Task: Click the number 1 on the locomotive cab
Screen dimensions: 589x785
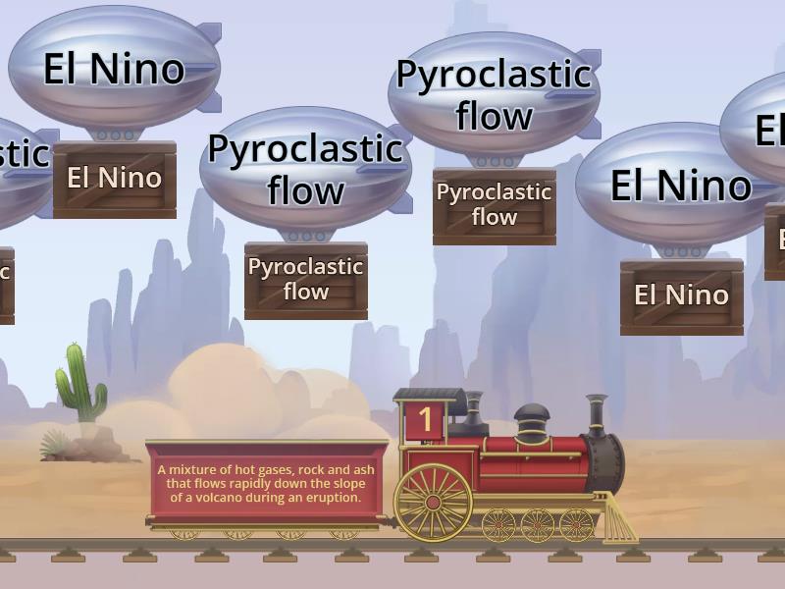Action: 425,420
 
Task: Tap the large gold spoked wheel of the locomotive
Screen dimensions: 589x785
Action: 433,502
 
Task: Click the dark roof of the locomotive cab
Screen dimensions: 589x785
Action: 429,395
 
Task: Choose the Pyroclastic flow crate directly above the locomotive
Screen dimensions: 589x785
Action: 494,205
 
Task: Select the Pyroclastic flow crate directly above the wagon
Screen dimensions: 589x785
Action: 305,280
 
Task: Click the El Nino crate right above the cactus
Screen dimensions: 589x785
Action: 114,179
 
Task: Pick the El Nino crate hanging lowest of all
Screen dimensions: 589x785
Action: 681,295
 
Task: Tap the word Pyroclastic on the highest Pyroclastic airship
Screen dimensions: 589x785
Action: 493,75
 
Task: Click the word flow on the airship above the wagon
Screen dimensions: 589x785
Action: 305,189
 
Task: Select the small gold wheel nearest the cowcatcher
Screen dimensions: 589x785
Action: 576,525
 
